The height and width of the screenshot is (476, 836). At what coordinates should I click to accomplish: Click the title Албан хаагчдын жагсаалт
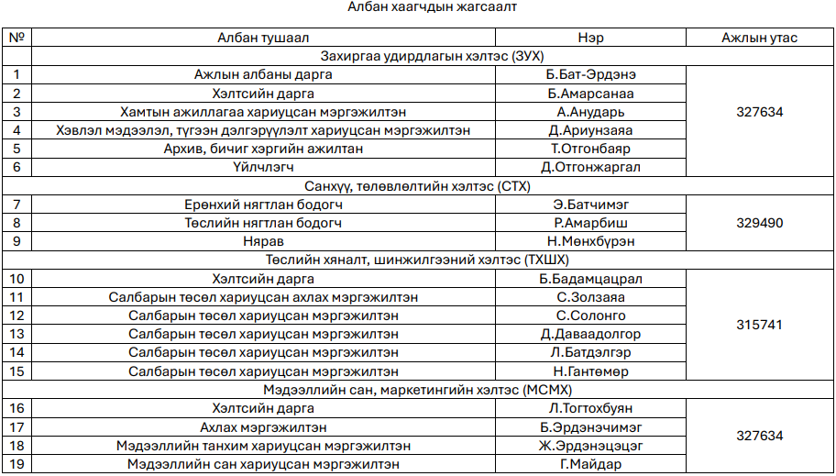[417, 8]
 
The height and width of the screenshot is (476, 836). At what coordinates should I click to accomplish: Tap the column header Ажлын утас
[759, 38]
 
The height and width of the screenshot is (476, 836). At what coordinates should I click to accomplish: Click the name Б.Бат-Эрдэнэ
[590, 74]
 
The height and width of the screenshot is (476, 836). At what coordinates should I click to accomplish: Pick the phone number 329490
[759, 223]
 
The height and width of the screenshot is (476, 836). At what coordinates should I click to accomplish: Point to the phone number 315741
[759, 325]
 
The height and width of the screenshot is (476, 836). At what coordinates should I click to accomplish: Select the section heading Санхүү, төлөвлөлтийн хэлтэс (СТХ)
[417, 186]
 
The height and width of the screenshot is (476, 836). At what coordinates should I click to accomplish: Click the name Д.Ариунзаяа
[590, 130]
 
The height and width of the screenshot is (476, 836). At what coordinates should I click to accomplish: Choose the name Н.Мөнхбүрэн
[590, 241]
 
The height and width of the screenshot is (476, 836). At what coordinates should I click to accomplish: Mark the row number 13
[16, 334]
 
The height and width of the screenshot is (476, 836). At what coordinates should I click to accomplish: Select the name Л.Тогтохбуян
[590, 408]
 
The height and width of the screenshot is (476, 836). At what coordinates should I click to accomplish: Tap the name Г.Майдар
[590, 464]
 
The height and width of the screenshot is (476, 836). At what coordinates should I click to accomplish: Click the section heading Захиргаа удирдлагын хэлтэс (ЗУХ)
[417, 56]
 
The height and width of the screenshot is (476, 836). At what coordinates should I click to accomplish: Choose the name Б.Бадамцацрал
[590, 279]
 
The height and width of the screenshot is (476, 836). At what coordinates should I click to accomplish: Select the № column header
[16, 38]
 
